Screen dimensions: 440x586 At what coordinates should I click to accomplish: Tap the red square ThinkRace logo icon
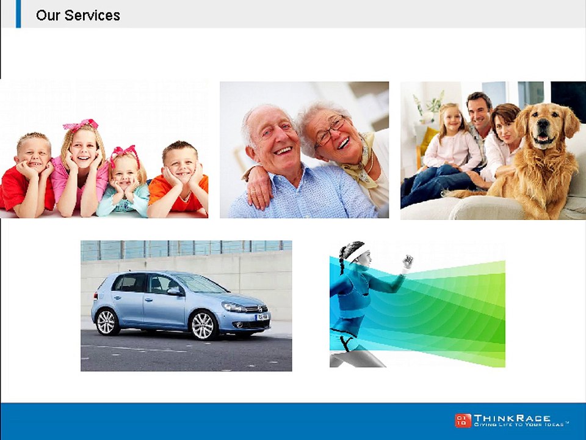(463, 420)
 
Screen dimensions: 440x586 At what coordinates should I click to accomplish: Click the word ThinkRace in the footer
(512, 417)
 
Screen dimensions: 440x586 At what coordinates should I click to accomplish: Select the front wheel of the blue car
(203, 324)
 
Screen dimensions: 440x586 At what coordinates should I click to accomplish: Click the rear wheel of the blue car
(106, 322)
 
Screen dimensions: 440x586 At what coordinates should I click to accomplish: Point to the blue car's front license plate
(262, 317)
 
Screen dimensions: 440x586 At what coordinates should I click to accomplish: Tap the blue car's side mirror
(174, 291)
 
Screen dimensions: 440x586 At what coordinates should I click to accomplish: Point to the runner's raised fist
(407, 262)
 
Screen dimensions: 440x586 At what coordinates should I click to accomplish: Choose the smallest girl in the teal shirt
(124, 183)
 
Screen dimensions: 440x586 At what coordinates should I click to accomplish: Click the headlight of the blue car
(234, 307)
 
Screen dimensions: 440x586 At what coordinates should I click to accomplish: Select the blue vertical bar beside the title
(18, 13)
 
